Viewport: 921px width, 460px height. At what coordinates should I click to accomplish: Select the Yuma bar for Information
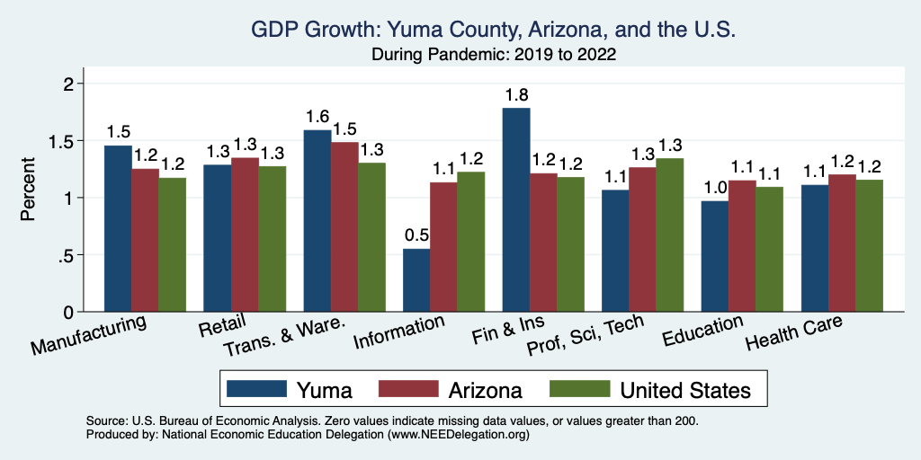(416, 280)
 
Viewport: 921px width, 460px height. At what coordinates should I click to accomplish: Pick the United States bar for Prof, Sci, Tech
(670, 234)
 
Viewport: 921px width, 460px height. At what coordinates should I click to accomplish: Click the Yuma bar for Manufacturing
(118, 228)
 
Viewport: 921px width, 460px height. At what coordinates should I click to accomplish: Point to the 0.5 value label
(416, 235)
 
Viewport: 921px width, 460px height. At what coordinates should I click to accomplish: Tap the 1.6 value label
(317, 117)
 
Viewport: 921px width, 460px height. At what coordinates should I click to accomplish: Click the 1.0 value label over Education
(715, 187)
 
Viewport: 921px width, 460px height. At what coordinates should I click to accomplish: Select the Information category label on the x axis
(399, 332)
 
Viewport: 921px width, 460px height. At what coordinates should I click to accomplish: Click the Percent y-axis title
(30, 190)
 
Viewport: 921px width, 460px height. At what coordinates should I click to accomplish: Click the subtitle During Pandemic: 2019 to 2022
(493, 55)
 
